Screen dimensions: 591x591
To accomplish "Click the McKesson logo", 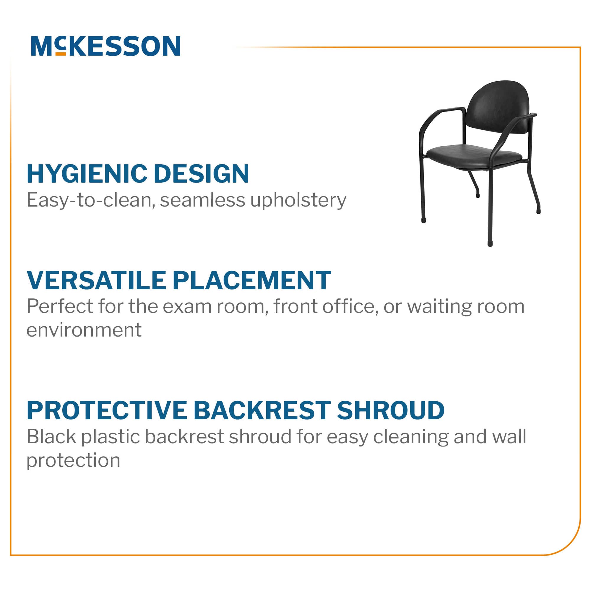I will coord(105,46).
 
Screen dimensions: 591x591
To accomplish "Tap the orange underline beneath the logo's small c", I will coord(61,54).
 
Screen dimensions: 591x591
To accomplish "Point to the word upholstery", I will coord(298,201).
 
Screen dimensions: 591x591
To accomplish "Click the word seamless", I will coord(202,200).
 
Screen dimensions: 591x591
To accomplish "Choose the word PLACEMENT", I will coord(252,280).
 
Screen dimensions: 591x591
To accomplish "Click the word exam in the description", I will coord(187,306).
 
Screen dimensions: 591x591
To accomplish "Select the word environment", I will coord(84,330).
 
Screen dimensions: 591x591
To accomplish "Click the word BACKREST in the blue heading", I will coord(262,410).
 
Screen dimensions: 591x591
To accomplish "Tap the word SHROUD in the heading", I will coord(391,410).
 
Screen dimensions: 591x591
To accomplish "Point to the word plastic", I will coord(111,436).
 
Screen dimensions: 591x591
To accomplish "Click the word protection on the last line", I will coord(73,461).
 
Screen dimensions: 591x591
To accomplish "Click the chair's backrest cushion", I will coord(498,107).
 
